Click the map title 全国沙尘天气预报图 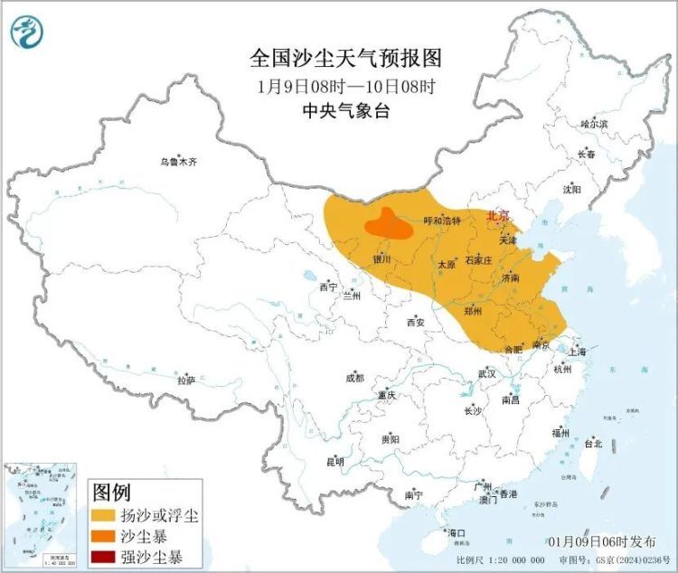[345, 60]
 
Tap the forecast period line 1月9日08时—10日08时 [345, 88]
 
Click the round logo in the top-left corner [28, 32]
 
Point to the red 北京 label [498, 216]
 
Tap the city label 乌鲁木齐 [178, 163]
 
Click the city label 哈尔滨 [594, 123]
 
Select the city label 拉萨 [187, 380]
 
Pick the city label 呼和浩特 [443, 221]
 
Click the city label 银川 [381, 259]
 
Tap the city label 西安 [415, 322]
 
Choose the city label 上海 [578, 351]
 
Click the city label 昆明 [334, 462]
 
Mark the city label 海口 [457, 533]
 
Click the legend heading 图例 [113, 493]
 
